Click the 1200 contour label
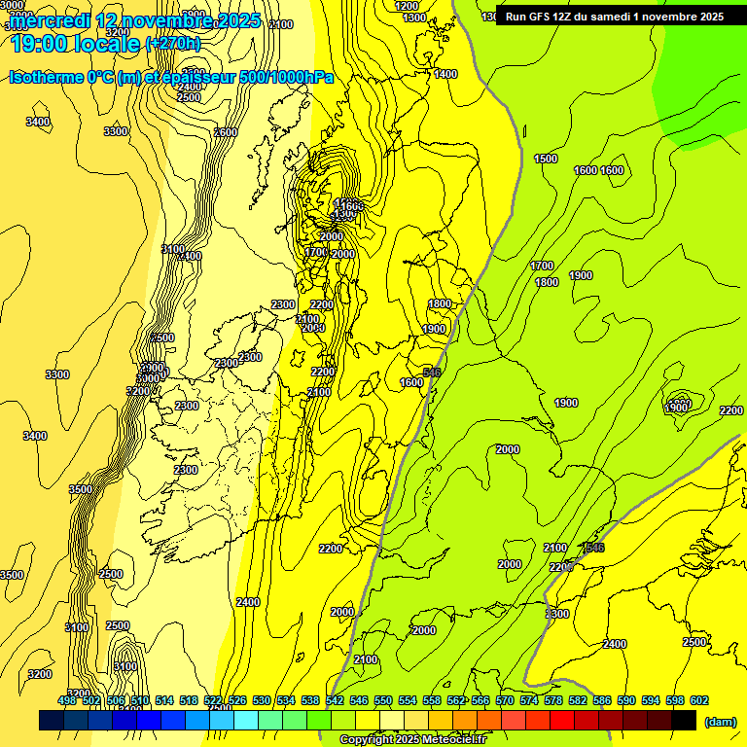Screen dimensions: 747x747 408,6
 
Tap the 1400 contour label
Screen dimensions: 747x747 445,74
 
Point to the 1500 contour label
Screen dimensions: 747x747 546,159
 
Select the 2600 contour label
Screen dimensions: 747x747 226,132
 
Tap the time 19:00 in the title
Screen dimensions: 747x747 38,43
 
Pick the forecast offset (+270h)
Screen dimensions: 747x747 172,44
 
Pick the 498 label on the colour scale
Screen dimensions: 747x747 67,700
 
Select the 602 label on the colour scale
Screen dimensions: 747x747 699,700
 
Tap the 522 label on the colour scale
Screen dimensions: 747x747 213,700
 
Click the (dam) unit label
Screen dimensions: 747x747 721,721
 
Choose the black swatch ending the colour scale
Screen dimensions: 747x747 684,720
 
